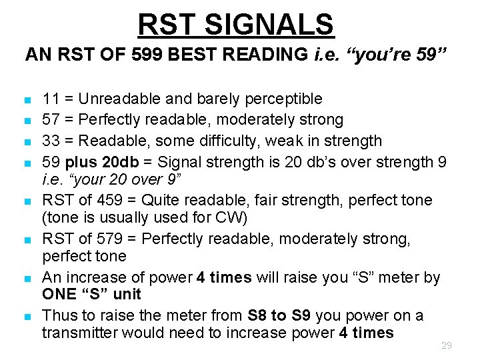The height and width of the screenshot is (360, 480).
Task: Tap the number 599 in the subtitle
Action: click(147, 55)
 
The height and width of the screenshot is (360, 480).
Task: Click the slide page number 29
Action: click(447, 345)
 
